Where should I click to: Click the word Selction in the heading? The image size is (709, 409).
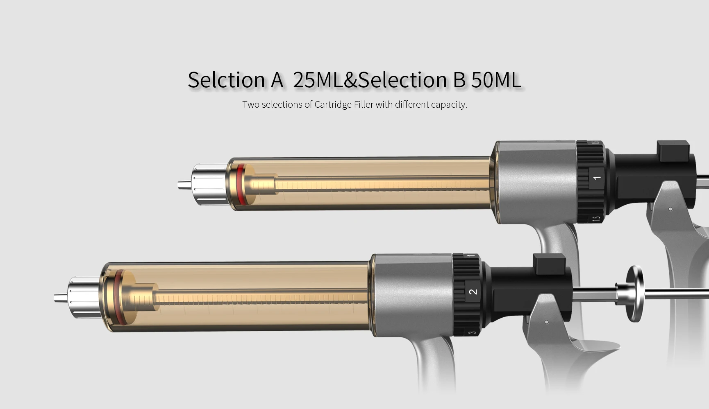(x=226, y=79)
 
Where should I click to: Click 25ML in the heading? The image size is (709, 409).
(x=318, y=79)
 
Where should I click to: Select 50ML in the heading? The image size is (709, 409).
(x=496, y=79)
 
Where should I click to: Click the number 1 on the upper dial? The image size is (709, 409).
(x=597, y=178)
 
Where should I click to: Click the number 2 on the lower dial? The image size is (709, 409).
(x=473, y=292)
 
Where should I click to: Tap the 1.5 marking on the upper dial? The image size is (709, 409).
(x=596, y=219)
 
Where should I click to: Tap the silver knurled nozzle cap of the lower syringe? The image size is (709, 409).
(x=84, y=298)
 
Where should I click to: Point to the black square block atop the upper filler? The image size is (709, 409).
(x=673, y=150)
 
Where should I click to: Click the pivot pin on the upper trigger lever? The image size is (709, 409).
(x=670, y=209)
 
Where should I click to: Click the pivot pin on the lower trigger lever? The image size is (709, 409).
(x=547, y=322)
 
